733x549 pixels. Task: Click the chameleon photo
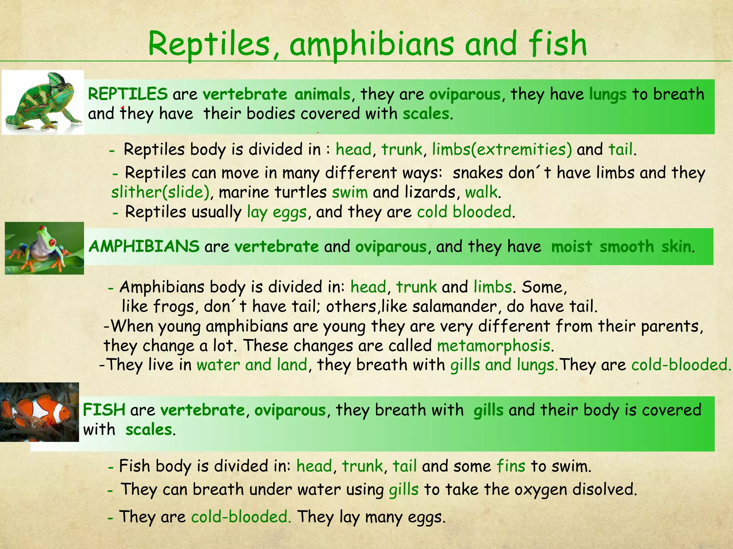[x=43, y=102]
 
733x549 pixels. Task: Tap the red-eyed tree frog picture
[x=44, y=248]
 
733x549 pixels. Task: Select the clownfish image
[x=39, y=412]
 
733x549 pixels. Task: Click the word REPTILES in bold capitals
[x=128, y=94]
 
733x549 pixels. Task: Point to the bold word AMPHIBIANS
[x=144, y=247]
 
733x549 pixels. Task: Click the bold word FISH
[x=104, y=410]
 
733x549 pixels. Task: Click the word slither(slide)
[x=160, y=192]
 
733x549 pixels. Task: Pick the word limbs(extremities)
[x=502, y=149]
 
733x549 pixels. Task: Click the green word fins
[x=511, y=466]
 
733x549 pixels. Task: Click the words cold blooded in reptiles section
[x=464, y=212]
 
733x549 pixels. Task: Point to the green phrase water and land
[x=252, y=365]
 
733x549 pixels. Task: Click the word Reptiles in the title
[x=209, y=44]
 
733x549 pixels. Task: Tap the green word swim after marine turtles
[x=350, y=192]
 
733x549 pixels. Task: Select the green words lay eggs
[x=277, y=212]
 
